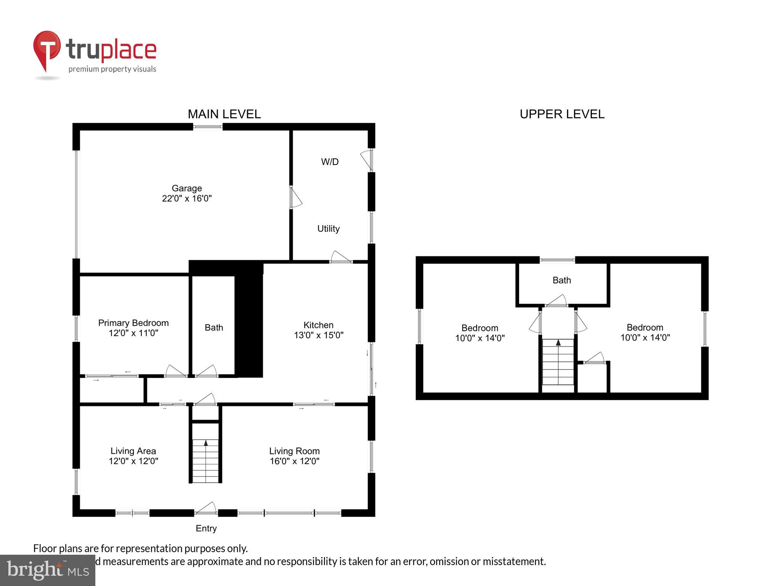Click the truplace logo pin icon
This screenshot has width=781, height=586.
pos(47,50)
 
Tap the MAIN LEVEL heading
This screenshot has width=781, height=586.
pos(224,114)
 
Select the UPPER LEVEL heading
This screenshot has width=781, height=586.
pos(562,114)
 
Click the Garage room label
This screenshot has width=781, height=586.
pos(186,188)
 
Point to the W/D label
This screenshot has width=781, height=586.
pos(329,162)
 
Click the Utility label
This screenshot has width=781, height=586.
pos(328,229)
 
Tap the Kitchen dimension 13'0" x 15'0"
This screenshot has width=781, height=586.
pos(318,335)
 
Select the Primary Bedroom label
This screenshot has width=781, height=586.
pos(133,323)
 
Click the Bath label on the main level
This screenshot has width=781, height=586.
pos(214,327)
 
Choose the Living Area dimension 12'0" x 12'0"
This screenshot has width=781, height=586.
pos(133,461)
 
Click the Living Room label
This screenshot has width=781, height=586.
pos(294,451)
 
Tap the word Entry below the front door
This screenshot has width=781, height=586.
pos(206,528)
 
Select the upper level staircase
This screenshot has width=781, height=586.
pos(558,362)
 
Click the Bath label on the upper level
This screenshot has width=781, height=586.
pos(561,280)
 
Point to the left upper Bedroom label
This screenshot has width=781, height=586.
pos(479,328)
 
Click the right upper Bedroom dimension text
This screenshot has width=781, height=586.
pos(645,337)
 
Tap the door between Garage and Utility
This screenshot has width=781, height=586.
pos(295,197)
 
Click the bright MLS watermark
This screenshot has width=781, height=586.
pos(48,570)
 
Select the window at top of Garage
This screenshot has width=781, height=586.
pos(207,127)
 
